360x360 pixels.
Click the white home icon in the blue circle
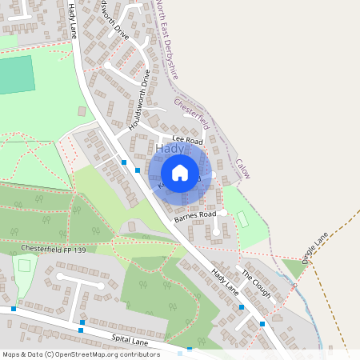tap(180, 172)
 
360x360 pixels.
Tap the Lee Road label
tap(183, 140)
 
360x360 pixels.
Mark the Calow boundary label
tap(242, 168)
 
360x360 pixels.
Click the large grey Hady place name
tap(170, 150)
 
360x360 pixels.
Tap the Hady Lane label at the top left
tap(73, 19)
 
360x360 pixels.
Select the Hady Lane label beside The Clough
tap(225, 281)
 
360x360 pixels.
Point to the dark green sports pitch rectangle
tap(17, 75)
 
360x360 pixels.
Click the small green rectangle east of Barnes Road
tap(242, 218)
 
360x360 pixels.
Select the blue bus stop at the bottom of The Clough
tap(262, 324)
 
